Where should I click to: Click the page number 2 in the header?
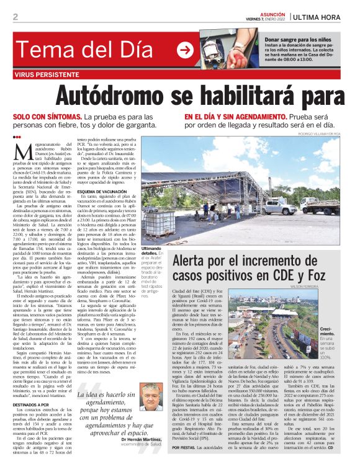coord(15,16)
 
